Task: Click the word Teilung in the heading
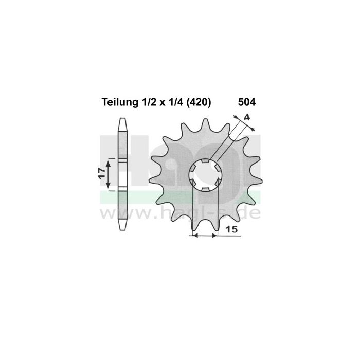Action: click(x=116, y=102)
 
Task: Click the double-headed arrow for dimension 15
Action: click(x=204, y=236)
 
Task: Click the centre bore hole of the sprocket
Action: click(x=205, y=175)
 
